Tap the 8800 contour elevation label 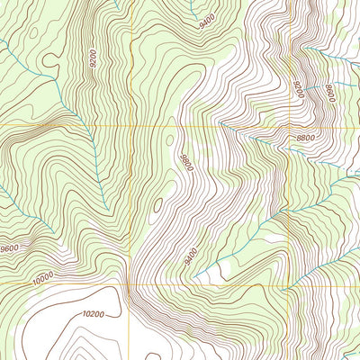[x=305, y=138]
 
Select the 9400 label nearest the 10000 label [x=191, y=258]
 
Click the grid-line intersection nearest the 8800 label [x=290, y=126]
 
